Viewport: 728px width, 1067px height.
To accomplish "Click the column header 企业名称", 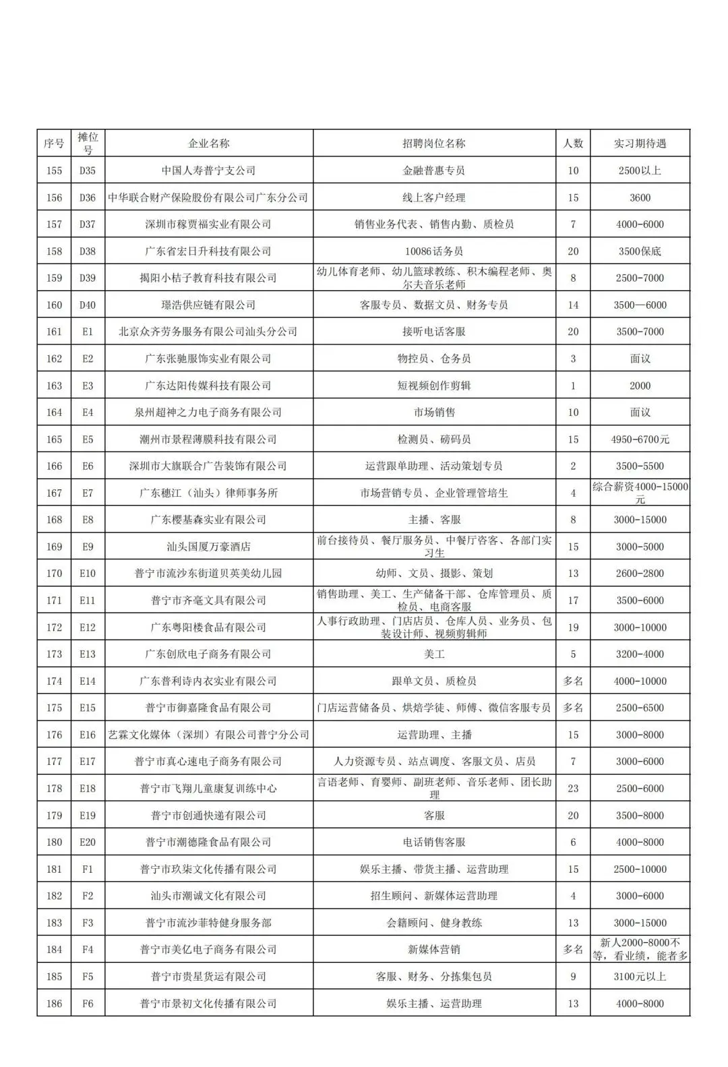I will point(208,144).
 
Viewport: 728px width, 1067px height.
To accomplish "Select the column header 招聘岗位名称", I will point(434,144).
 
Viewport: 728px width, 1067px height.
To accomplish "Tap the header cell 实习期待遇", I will point(640,144).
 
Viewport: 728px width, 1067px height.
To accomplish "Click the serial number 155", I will point(54,171).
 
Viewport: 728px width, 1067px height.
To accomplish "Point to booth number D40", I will point(88,305).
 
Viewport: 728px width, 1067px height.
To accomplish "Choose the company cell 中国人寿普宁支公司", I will point(208,171).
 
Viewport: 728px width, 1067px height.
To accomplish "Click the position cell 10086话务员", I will point(434,251).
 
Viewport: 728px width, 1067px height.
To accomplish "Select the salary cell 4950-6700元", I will point(640,439).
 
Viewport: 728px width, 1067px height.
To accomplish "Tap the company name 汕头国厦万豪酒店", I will point(208,547).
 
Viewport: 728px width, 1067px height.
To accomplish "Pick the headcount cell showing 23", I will point(573,789).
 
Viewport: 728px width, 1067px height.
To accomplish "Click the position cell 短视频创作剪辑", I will point(434,386).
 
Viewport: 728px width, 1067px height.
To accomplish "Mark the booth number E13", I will point(88,654).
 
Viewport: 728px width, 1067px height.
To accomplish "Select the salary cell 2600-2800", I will point(640,574).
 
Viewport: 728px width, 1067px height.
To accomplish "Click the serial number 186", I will point(54,1004).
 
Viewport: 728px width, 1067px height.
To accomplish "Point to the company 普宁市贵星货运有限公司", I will point(208,977).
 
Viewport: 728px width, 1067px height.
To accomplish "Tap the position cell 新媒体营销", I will point(434,950).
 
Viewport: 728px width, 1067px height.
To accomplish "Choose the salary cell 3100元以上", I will point(640,977).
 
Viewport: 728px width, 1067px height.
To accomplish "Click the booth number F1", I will point(88,870).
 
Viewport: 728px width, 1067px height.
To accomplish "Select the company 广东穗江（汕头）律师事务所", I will point(208,493).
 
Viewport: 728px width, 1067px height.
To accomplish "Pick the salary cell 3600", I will point(640,197).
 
